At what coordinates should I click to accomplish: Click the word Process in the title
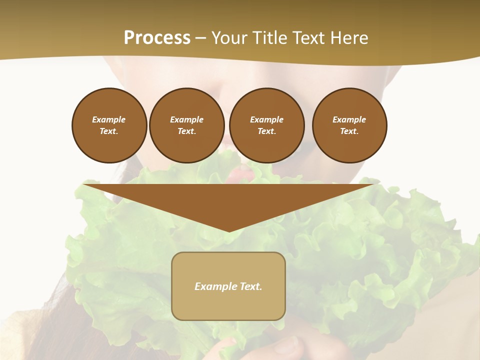[157, 38]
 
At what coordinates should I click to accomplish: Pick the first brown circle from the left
[109, 125]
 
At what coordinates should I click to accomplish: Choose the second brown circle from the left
[186, 125]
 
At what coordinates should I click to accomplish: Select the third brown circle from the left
[266, 125]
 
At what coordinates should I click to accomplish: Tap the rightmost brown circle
[349, 125]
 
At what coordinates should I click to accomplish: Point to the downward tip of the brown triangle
[229, 230]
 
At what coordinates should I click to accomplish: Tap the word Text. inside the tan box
[250, 286]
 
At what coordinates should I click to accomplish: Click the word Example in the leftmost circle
[109, 119]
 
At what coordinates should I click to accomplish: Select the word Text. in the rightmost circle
[349, 131]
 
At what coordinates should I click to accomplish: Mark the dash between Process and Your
[200, 38]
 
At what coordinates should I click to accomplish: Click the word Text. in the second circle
[186, 131]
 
